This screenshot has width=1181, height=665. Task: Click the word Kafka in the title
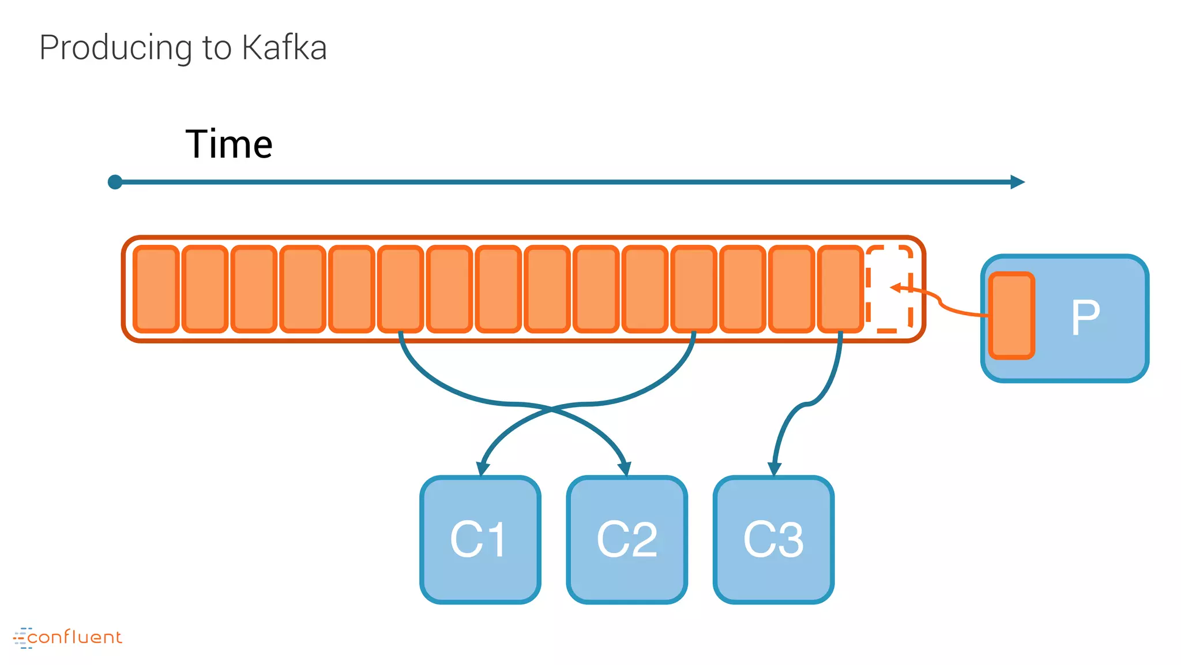pos(284,47)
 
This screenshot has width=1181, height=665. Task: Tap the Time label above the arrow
pos(229,144)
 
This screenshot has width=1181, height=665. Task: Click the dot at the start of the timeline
pos(115,182)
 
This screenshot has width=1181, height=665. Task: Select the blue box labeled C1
pos(480,540)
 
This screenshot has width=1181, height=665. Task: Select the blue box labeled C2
pos(627,540)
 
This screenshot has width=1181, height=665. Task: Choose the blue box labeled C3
pos(773,540)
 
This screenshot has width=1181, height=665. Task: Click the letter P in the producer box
pos(1085,317)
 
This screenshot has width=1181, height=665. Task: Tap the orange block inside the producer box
pos(1011,316)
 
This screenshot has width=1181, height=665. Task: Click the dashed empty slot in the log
pos(889,289)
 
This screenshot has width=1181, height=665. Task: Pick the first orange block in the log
pos(156,289)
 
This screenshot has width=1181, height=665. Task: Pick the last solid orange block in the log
pos(840,289)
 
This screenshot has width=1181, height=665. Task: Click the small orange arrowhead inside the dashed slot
pos(895,287)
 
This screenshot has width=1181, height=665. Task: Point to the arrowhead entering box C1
pos(483,468)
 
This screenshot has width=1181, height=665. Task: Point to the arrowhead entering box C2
pos(625,468)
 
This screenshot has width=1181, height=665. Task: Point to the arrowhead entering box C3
pos(774,468)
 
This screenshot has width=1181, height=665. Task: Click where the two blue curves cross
pos(551,409)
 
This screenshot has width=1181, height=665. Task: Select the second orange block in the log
pos(205,289)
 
